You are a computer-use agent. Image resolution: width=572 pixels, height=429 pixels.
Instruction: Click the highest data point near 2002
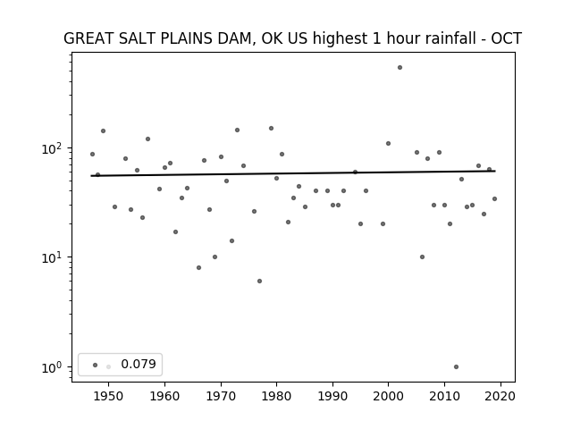tap(400, 68)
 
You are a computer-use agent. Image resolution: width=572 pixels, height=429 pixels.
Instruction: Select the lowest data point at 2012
tap(456, 367)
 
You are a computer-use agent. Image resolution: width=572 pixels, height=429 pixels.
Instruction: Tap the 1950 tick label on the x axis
tap(108, 396)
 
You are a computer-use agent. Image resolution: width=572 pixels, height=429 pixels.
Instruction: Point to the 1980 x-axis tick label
tap(276, 396)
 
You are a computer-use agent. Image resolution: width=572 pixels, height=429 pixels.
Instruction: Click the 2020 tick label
tap(500, 396)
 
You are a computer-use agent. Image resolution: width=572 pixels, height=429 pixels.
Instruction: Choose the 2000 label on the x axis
tap(388, 396)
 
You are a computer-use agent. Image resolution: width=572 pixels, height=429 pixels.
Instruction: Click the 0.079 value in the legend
tap(139, 364)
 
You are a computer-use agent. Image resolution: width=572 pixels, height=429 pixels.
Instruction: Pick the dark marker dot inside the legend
tap(96, 365)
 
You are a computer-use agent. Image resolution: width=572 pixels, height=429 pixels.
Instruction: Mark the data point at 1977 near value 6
tap(259, 282)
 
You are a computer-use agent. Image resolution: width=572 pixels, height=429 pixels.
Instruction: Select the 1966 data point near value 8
tap(198, 268)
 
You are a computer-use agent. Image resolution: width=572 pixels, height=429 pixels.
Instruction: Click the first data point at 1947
tap(92, 155)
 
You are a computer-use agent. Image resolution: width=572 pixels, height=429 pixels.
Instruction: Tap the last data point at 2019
tap(494, 198)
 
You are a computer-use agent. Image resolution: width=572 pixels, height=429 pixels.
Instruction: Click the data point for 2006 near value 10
tap(422, 257)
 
